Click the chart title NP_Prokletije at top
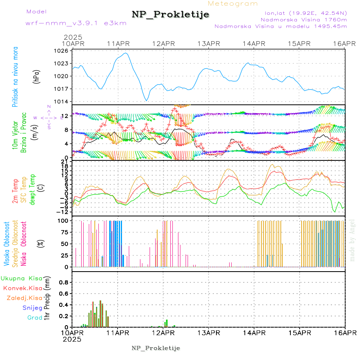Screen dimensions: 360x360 pos(170,15)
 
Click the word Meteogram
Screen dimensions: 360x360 pos(233,4)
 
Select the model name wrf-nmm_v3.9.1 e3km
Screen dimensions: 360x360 pos(76,23)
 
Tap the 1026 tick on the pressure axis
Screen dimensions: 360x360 pos(62,51)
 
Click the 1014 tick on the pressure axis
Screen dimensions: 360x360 pos(62,102)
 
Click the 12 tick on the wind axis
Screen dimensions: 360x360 pos(68,116)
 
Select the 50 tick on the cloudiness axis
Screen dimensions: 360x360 pos(65,244)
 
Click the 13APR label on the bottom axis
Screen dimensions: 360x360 pos(209,332)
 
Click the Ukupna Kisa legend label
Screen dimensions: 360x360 pos(21,278)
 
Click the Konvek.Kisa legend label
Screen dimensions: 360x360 pos(22,288)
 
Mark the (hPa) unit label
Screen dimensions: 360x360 pos(36,76)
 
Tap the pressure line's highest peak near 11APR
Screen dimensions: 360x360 pos(126,53)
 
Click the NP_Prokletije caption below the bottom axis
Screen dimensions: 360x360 pos(156,348)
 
